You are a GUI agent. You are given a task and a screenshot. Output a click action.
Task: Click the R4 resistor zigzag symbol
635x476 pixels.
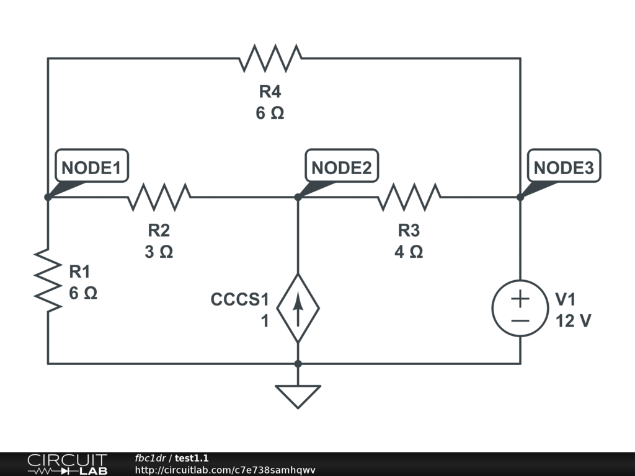coord(270,58)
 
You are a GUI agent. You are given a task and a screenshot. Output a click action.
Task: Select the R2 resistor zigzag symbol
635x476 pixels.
coord(159,197)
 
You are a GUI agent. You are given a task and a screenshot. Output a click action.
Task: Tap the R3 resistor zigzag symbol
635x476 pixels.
coord(409,197)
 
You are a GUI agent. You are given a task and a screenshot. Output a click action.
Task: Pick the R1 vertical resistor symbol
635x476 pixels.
coord(48,281)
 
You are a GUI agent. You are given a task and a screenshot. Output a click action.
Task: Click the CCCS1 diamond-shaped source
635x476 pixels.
coord(298,307)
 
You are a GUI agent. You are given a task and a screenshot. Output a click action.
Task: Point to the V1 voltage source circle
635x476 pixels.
coord(520,308)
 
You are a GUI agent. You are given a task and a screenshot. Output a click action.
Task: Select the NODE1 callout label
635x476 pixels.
coord(92,167)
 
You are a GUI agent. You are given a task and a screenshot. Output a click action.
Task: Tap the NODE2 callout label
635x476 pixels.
coord(342,167)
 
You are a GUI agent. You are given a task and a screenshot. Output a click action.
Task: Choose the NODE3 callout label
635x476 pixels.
coord(564,167)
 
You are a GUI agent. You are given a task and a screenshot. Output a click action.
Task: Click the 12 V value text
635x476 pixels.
coord(572,320)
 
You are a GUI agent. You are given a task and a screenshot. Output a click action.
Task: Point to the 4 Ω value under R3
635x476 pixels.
coord(409,252)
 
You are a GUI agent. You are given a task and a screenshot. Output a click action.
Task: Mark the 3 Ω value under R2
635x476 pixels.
coord(159,252)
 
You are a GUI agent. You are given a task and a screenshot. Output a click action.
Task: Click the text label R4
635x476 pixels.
coord(270,92)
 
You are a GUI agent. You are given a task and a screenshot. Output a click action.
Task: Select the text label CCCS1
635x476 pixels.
coord(240,300)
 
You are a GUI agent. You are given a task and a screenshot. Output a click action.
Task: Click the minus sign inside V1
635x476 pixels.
coord(520,320)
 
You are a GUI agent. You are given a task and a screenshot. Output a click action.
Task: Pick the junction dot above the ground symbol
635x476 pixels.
coord(298,363)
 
